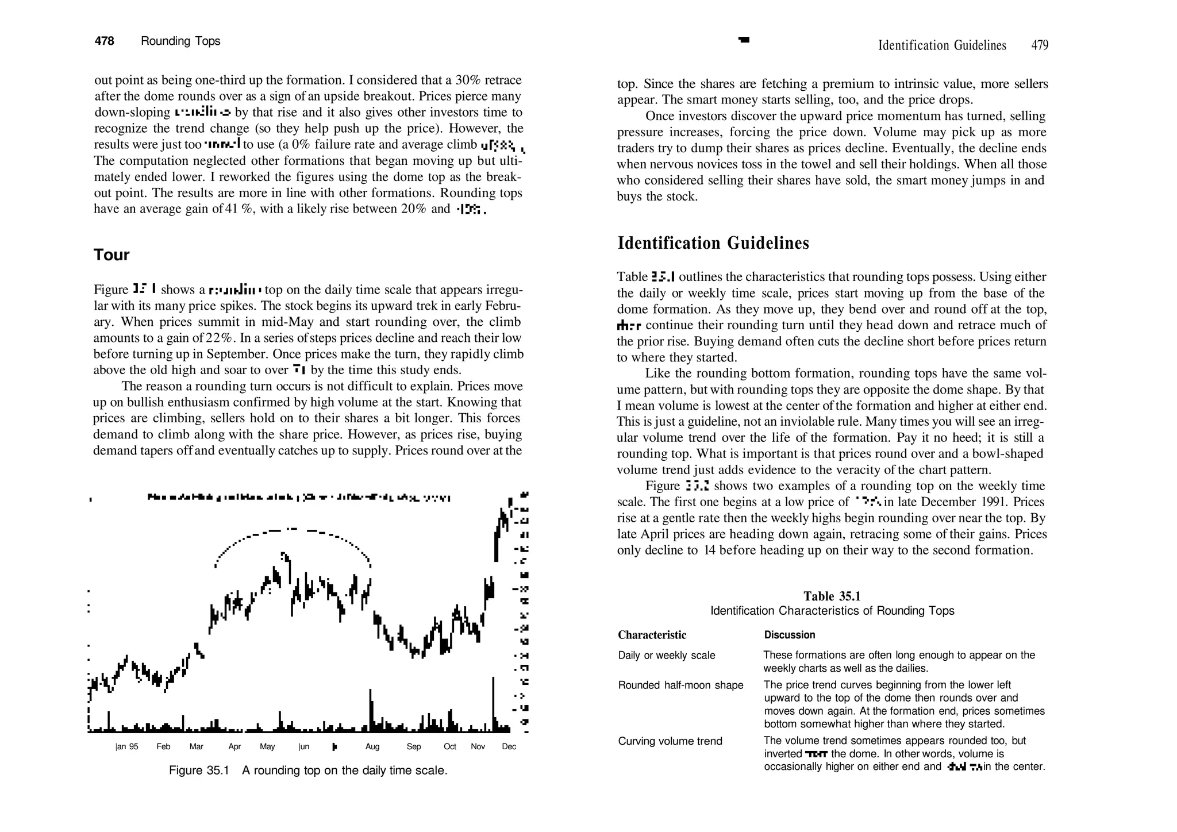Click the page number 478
click(105, 41)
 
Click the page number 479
click(1040, 45)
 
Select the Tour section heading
click(111, 255)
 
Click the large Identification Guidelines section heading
click(713, 244)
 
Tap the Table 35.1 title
click(832, 596)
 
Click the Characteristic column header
click(652, 635)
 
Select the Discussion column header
click(789, 635)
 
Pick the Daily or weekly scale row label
click(666, 656)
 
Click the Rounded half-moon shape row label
click(680, 685)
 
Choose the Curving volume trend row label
click(670, 741)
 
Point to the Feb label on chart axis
click(163, 747)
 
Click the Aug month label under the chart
click(372, 747)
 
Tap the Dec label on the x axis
click(509, 747)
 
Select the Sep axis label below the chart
click(413, 747)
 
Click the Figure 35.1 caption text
click(308, 771)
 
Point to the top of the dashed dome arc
click(292, 529)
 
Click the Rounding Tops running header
click(180, 41)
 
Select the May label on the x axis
click(267, 747)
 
